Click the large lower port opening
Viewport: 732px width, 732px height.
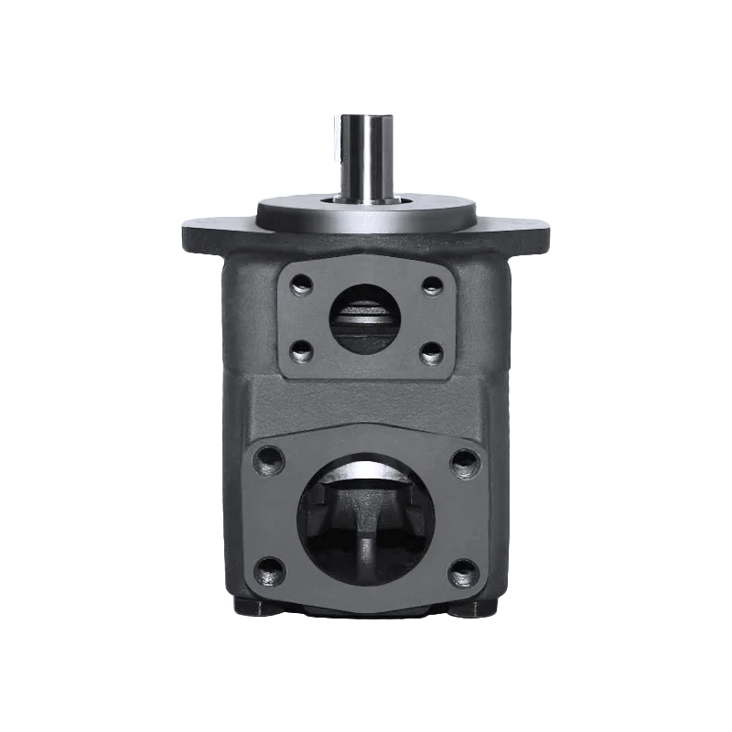365,522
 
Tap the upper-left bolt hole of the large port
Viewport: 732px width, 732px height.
267,457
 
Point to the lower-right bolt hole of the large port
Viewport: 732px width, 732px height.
464,574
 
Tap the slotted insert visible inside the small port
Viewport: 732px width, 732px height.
365,317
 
